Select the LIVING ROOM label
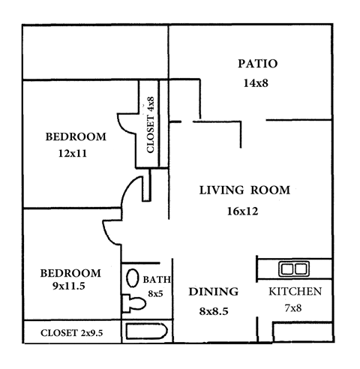pyautogui.click(x=244, y=190)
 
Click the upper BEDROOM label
pyautogui.click(x=76, y=136)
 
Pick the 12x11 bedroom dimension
pyautogui.click(x=73, y=154)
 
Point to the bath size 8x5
pyautogui.click(x=156, y=293)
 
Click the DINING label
pyautogui.click(x=213, y=292)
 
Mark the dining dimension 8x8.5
pyautogui.click(x=213, y=309)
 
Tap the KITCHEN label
pyautogui.click(x=295, y=292)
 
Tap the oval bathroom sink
pyautogui.click(x=132, y=279)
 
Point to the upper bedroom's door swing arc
pyautogui.click(x=123, y=122)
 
